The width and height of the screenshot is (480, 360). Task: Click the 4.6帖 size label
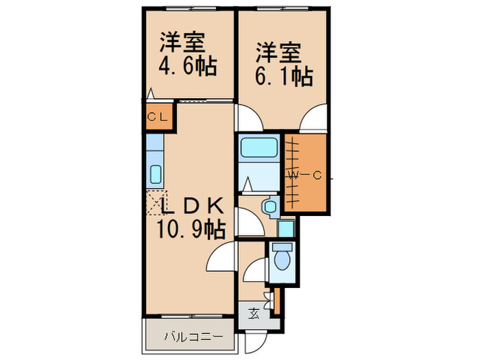188,67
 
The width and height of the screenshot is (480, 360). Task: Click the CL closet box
156,117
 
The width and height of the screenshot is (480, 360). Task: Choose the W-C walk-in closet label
305,176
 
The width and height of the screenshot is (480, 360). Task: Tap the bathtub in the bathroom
259,147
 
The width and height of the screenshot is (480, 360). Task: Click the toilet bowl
281,259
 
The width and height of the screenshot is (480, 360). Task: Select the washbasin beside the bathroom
270,205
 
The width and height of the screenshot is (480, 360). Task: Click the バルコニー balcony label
193,337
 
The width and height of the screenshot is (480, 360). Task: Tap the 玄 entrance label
254,315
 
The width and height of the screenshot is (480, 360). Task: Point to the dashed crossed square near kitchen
156,205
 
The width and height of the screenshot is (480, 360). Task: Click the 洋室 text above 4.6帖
183,43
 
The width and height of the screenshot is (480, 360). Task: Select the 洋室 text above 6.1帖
279,52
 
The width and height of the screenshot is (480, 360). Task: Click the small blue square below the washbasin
286,228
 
